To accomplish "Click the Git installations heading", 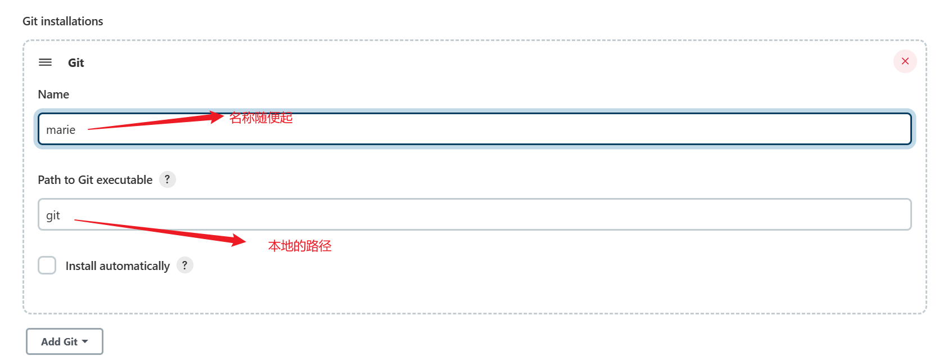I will (63, 21).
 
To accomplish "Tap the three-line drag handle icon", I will (45, 62).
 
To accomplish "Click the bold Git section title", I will (76, 63).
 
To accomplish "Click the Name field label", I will (53, 94).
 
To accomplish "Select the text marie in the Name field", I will (61, 130).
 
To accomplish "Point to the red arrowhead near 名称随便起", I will (217, 116).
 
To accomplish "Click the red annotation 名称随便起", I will (261, 118).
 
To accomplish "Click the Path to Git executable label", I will (95, 180).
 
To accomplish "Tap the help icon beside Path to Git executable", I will (167, 179).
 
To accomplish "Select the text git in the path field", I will (53, 215).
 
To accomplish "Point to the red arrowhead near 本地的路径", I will (238, 240).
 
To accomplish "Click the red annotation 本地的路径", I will (300, 246).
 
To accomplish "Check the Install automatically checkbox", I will (47, 265).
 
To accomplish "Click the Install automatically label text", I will (118, 266).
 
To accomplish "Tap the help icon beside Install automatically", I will (184, 265).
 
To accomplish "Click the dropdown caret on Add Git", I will (85, 341).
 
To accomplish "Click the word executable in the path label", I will (124, 180).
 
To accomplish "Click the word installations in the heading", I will (72, 21).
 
